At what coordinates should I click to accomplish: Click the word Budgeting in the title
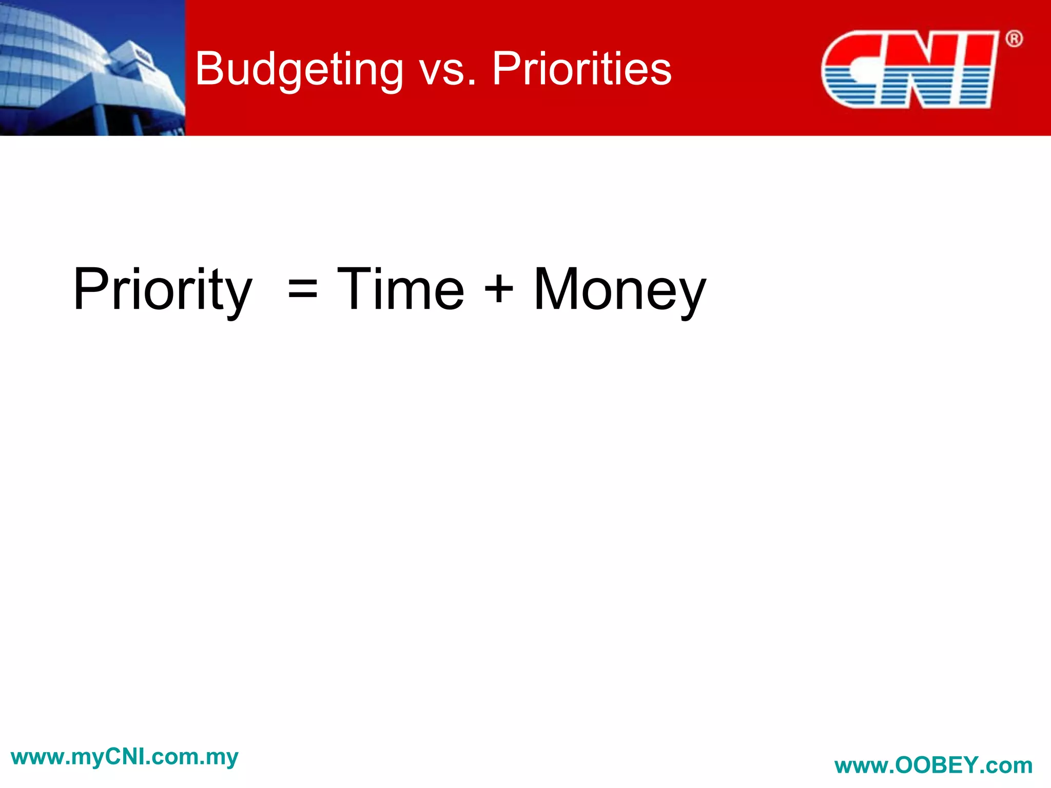point(299,69)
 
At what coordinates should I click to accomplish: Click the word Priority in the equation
point(163,290)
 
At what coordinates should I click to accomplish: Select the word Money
point(619,290)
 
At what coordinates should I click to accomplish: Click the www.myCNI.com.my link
point(125,757)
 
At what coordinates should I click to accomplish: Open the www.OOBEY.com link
point(933,765)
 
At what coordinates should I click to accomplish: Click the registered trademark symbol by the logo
point(1014,39)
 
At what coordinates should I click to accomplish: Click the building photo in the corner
point(92,68)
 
